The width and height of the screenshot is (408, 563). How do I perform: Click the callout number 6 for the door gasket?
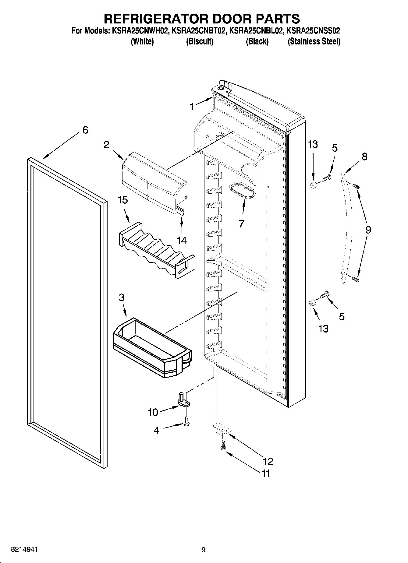point(85,130)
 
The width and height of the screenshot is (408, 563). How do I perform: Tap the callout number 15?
point(123,200)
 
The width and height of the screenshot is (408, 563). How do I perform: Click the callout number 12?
point(268,462)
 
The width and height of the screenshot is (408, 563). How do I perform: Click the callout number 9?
point(368,230)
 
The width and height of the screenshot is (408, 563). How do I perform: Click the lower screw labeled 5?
point(324,295)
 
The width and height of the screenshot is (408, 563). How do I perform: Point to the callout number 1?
point(192,107)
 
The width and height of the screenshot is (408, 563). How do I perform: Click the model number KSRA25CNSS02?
point(314,30)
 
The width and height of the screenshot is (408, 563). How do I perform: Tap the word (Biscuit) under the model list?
point(200,41)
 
